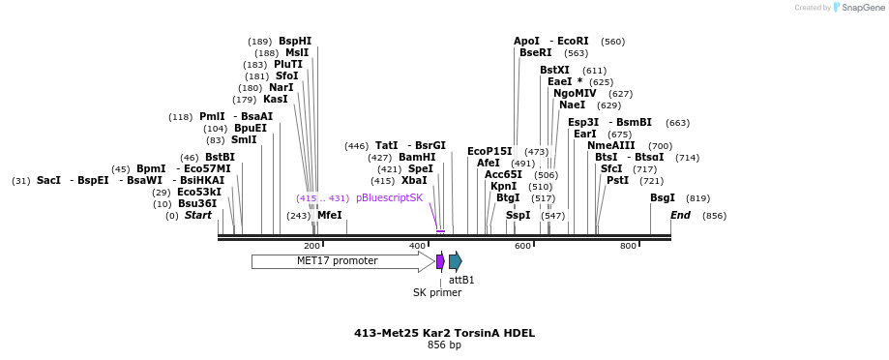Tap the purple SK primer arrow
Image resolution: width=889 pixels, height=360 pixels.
[x=440, y=261]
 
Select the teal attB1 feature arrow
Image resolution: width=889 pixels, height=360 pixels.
[x=456, y=261]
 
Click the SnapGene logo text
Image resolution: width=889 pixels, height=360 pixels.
[x=857, y=8]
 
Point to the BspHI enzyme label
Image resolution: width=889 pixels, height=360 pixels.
[x=295, y=42]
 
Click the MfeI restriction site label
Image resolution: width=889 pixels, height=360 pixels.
[x=330, y=216]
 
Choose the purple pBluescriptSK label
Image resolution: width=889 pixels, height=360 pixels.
[x=389, y=197]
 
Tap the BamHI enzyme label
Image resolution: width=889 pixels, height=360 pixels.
[x=417, y=157]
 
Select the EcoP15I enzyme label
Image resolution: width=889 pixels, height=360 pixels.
[x=489, y=151]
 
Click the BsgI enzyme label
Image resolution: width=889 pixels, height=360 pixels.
[x=663, y=197]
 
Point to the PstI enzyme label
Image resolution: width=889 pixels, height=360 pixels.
[x=617, y=180]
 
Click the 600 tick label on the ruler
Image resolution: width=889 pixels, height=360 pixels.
[x=522, y=246]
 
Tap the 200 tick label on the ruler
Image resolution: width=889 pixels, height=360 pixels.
[x=311, y=246]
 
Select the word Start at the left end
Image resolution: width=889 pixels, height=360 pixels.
[x=198, y=215]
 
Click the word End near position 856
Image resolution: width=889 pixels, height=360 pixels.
[x=680, y=215]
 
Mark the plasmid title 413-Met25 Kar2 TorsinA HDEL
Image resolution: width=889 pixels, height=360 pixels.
[x=444, y=333]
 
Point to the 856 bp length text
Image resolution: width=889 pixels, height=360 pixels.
[x=444, y=345]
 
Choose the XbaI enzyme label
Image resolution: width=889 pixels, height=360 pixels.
[x=413, y=180]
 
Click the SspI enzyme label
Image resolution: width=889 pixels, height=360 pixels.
[x=518, y=215]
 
